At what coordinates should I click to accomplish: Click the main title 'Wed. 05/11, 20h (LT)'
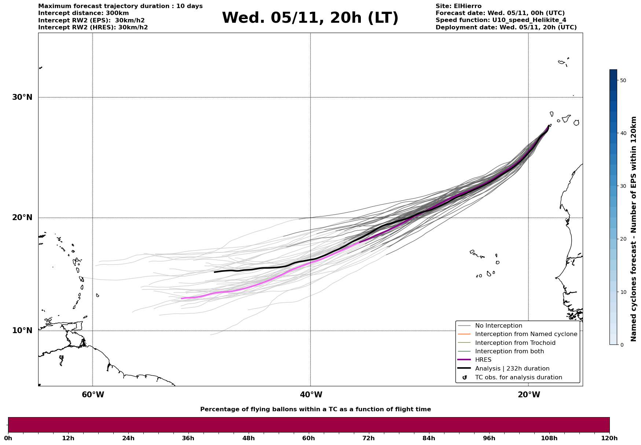click(310, 18)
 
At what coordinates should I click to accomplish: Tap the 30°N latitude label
click(22, 97)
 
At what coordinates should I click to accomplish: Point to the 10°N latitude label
click(22, 331)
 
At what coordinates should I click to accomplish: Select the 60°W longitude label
click(93, 395)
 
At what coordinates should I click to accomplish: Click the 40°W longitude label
click(311, 395)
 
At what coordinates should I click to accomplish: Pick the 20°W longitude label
click(529, 395)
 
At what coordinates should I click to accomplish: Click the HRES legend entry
click(483, 360)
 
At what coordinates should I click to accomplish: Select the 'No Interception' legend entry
click(498, 326)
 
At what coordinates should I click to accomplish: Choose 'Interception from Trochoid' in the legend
click(515, 343)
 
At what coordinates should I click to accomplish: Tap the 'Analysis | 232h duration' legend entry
click(512, 369)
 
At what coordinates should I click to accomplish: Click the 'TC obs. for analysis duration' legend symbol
click(465, 377)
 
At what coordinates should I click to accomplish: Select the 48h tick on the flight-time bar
click(248, 438)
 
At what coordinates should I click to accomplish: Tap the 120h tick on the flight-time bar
click(609, 438)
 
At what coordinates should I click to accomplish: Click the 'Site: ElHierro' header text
click(458, 6)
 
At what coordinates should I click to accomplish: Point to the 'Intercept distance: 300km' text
click(83, 13)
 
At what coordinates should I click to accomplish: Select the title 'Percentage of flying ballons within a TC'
click(315, 409)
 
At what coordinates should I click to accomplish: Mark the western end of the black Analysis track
click(215, 272)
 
